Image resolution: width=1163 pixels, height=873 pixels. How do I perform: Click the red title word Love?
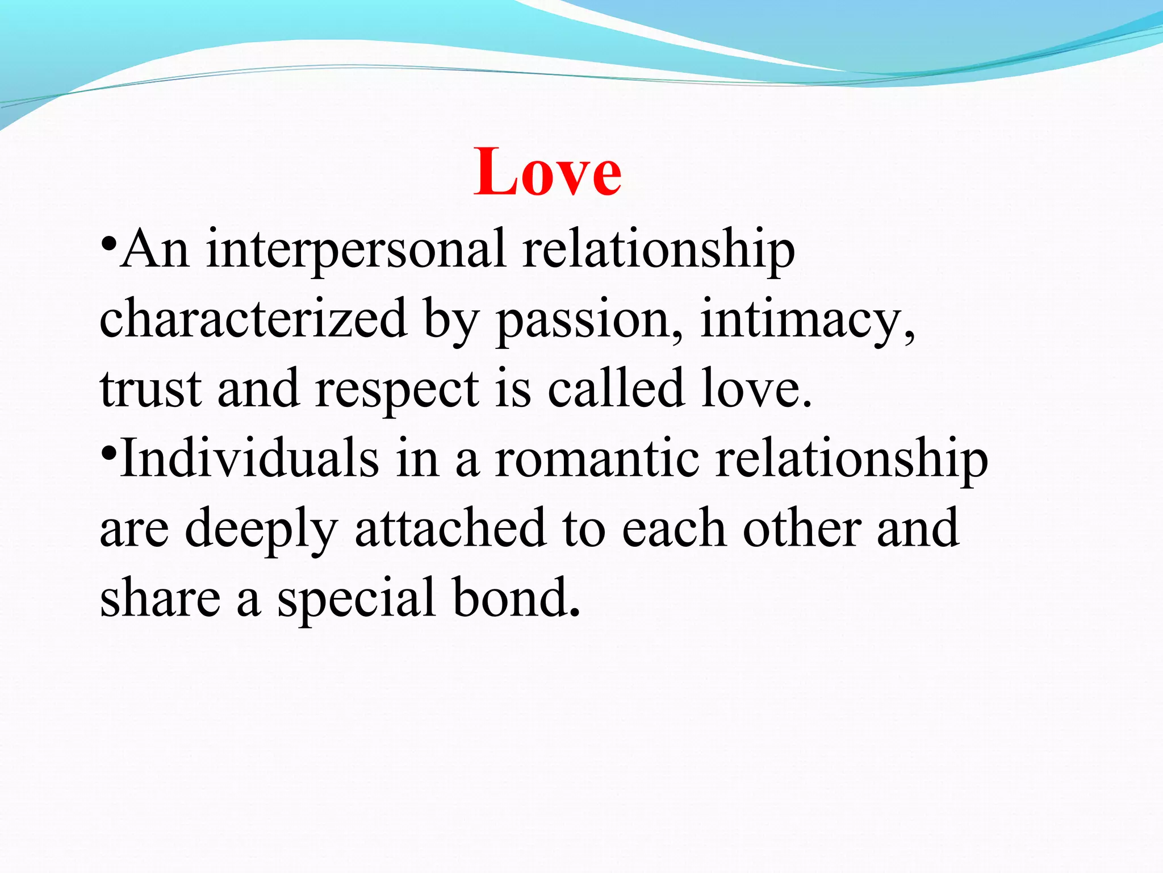(547, 172)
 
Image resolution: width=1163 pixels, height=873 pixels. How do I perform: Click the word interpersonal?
(355, 250)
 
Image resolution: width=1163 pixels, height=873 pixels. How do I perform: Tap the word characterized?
(253, 319)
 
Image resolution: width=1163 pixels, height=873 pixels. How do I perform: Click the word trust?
(150, 389)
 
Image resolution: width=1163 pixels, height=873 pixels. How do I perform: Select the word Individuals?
(249, 459)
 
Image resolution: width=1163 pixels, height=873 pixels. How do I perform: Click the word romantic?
(596, 459)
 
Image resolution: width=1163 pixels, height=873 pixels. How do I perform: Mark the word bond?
(511, 598)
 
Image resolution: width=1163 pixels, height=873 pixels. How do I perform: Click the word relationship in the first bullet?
(659, 250)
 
